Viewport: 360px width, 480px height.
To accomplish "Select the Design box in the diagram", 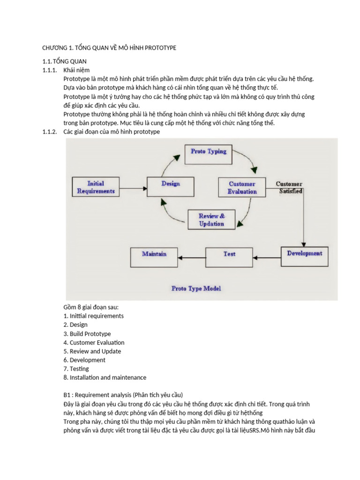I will tap(171, 184).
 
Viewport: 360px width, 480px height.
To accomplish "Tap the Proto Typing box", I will tap(209, 151).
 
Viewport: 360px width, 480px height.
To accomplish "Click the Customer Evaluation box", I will tap(242, 187).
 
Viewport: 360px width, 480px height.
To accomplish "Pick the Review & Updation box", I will tap(211, 220).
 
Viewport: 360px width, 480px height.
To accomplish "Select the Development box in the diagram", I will tap(304, 254).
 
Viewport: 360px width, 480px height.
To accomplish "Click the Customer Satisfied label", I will tap(289, 187).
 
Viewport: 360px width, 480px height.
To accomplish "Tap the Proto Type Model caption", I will tap(196, 288).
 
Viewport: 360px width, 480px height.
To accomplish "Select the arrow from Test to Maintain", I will tap(193, 257).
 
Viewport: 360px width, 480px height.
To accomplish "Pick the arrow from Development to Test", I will tap(267, 257).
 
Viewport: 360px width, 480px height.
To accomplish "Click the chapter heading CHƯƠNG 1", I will tap(109, 48).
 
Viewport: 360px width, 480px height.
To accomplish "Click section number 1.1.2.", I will tap(49, 132).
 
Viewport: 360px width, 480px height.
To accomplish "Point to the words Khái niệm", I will tap(76, 70).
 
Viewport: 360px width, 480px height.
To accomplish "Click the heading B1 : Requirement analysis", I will tap(123, 395).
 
